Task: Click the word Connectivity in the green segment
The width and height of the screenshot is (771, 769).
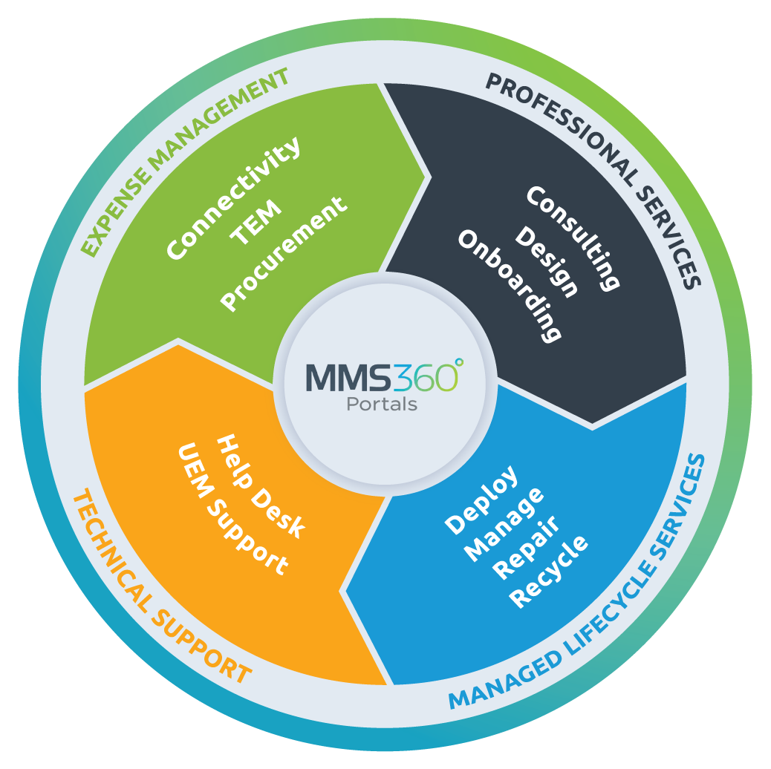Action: [x=233, y=197]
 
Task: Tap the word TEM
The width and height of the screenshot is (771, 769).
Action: [x=256, y=221]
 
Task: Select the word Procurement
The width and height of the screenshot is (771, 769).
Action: [x=284, y=253]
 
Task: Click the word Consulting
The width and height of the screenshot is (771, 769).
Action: [x=573, y=238]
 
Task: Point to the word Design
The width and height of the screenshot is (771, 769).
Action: [x=547, y=261]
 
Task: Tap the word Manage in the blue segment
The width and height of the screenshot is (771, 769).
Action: [x=504, y=523]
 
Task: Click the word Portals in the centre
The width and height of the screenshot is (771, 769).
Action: [x=382, y=405]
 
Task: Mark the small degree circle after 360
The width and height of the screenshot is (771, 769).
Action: [x=458, y=362]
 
